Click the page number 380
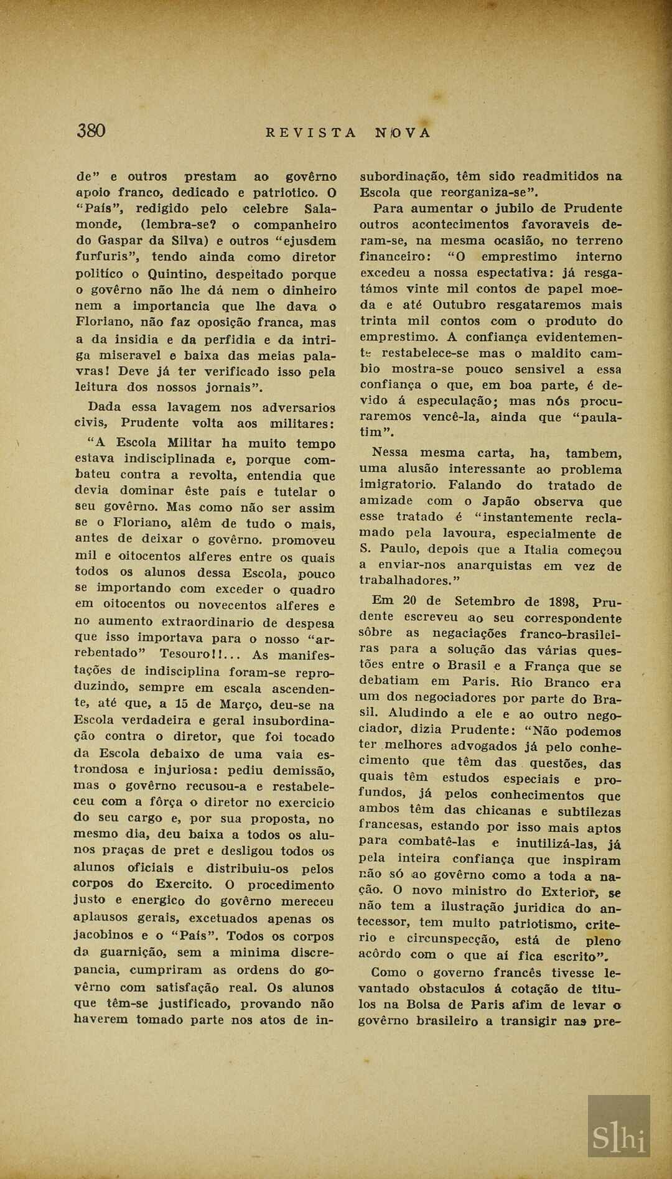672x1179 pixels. [91, 131]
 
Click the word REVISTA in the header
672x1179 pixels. [311, 133]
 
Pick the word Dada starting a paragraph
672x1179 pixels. [105, 407]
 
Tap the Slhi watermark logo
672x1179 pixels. [618, 1138]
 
